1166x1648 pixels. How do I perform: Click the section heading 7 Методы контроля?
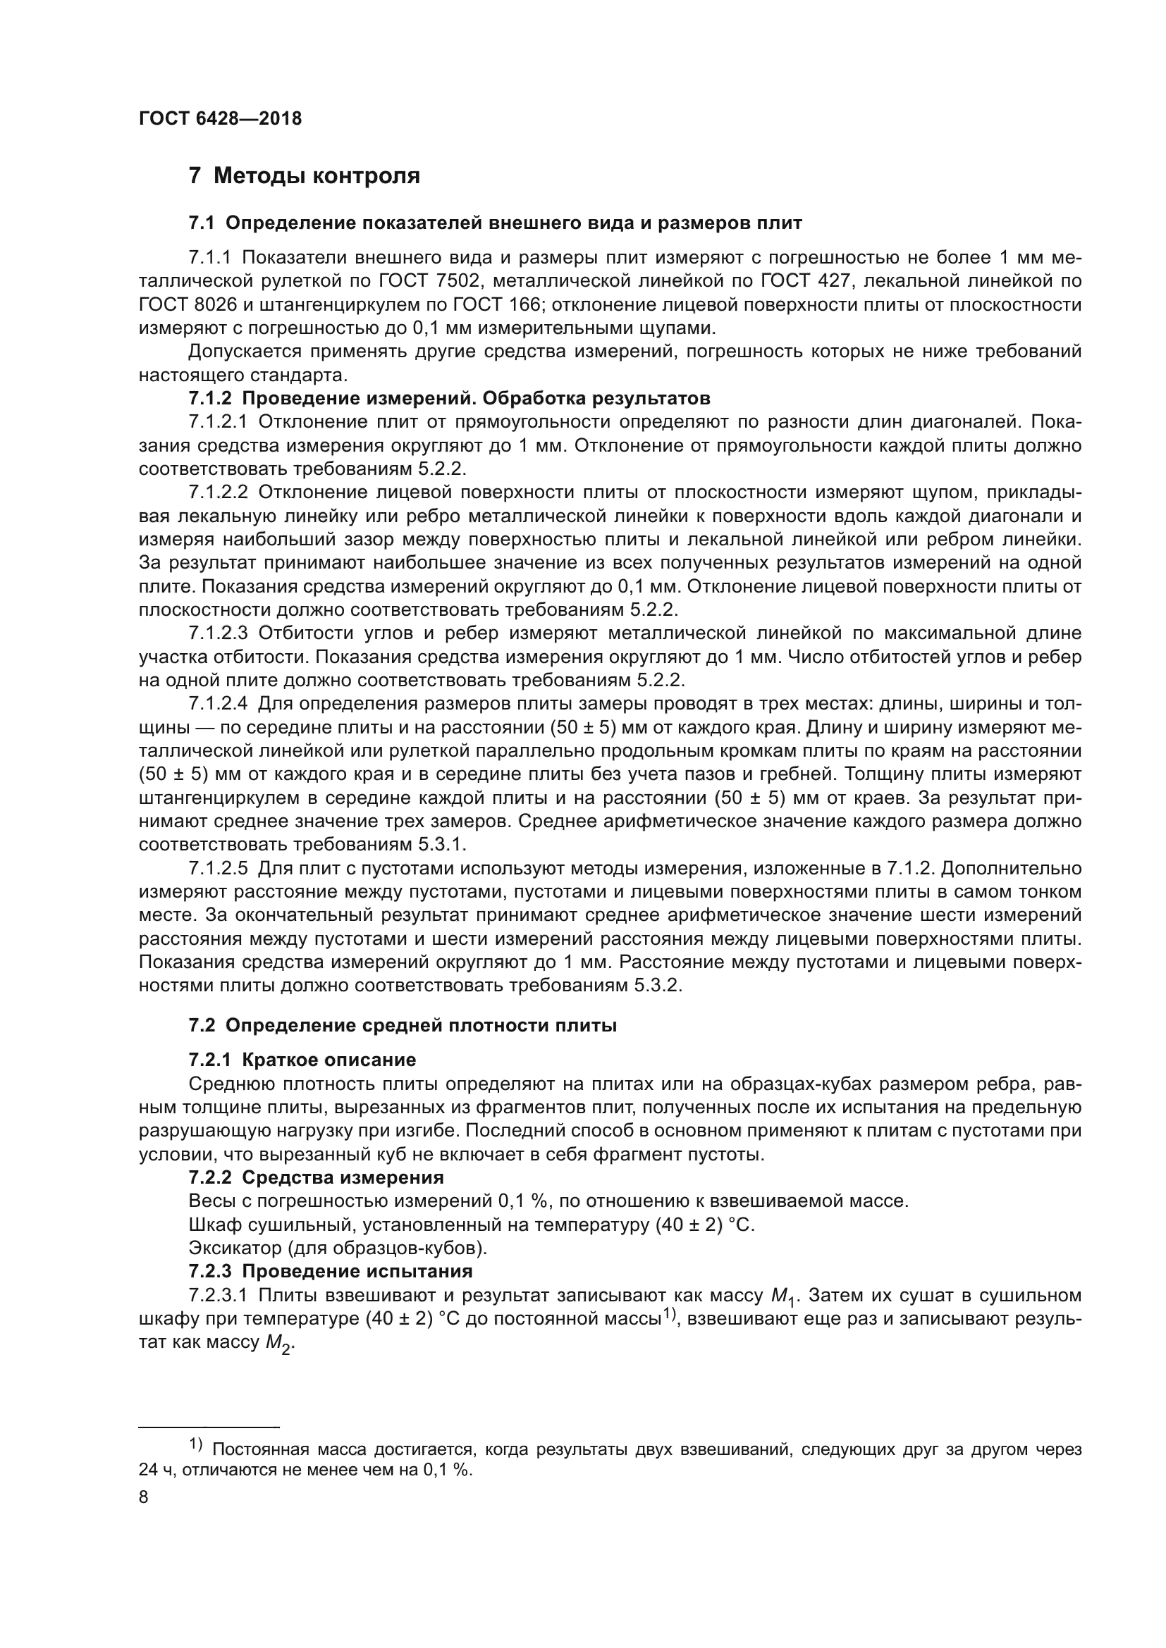(304, 176)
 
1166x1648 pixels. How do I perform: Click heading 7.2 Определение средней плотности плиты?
(402, 1026)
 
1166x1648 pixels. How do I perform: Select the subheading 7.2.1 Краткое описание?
(302, 1060)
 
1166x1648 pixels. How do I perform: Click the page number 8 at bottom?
(144, 1497)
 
